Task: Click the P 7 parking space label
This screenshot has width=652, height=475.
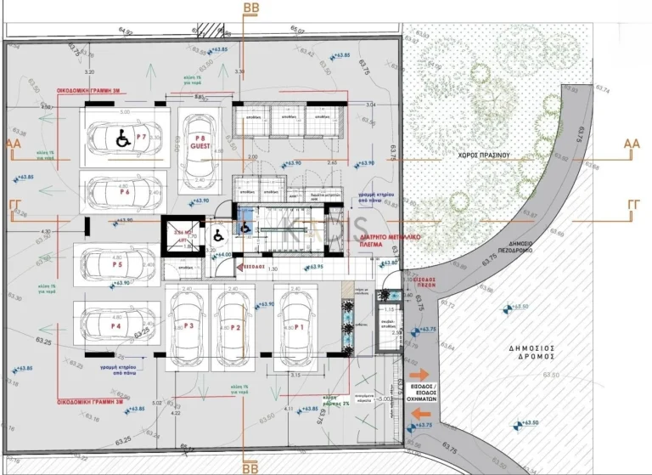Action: click(141, 137)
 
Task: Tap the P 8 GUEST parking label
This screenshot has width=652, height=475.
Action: click(201, 142)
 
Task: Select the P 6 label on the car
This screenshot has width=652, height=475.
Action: click(125, 192)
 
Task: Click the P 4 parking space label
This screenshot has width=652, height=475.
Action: click(115, 325)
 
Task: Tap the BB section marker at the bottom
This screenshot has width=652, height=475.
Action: click(251, 467)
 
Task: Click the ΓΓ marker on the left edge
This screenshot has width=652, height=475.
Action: click(14, 206)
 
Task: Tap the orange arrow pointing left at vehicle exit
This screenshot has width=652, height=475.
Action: click(419, 414)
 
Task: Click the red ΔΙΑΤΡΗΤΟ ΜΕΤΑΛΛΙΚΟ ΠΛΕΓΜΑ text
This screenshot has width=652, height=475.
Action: click(371, 243)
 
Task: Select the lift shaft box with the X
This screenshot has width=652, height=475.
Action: click(178, 235)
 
